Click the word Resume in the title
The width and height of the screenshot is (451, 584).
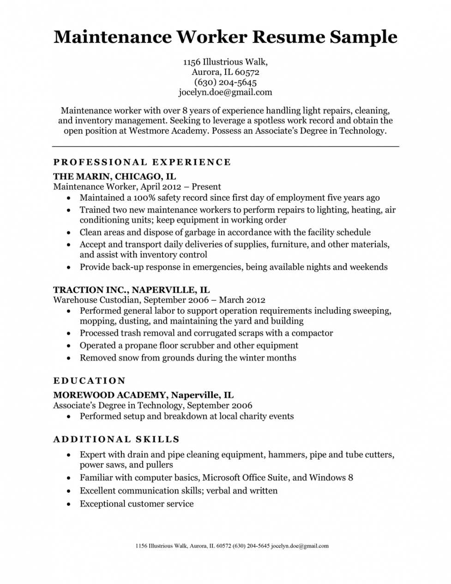pos(288,36)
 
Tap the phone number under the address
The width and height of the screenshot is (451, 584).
pos(225,82)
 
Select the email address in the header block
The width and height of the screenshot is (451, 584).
pos(225,92)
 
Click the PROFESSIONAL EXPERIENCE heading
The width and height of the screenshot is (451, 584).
pos(142,162)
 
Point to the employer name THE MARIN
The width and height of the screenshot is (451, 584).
pos(81,176)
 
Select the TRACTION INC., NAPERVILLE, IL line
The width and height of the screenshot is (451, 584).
pos(132,290)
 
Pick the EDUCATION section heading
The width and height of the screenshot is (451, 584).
pos(90,381)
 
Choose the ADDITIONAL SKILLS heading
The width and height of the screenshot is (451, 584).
pos(116,439)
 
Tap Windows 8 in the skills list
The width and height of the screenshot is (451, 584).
pos(331,477)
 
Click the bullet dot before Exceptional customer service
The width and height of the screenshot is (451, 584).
pos(68,504)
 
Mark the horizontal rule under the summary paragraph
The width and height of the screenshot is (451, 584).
pos(225,146)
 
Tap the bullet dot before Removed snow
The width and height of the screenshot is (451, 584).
pos(68,358)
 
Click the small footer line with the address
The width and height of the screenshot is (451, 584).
pos(232,546)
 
